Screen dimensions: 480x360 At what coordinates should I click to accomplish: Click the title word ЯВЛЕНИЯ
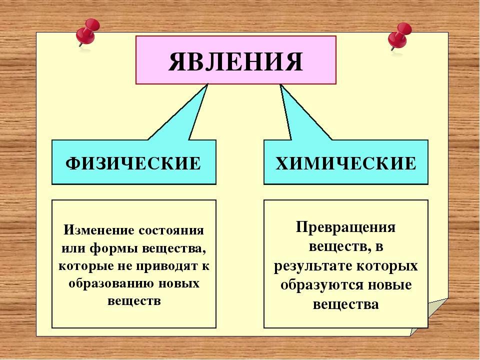click(235, 61)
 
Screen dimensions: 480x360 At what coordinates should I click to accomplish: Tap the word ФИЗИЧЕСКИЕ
click(133, 163)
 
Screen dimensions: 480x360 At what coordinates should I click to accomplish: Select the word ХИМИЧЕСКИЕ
click(346, 163)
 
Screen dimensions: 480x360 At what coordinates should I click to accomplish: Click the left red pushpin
click(87, 32)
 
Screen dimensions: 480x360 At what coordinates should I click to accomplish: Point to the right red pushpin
click(399, 36)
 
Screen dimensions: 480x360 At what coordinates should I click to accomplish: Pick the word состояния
click(171, 230)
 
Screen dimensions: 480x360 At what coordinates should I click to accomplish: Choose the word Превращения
click(345, 228)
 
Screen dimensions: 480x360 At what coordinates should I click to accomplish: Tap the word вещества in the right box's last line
click(346, 304)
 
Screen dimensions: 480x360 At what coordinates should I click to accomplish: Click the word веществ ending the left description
click(134, 301)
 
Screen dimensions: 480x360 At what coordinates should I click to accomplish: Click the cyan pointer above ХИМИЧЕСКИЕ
click(303, 113)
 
